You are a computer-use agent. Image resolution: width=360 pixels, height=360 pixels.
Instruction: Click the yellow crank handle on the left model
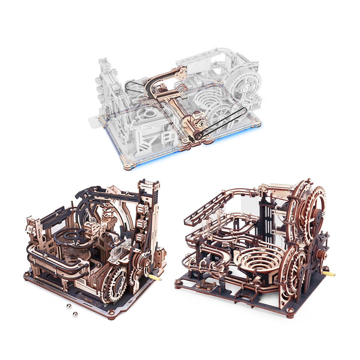[x=156, y=278]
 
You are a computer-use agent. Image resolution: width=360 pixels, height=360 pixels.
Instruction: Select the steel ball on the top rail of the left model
[x=127, y=193]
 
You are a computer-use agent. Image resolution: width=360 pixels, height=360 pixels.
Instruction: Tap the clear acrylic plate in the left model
[x=118, y=250]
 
